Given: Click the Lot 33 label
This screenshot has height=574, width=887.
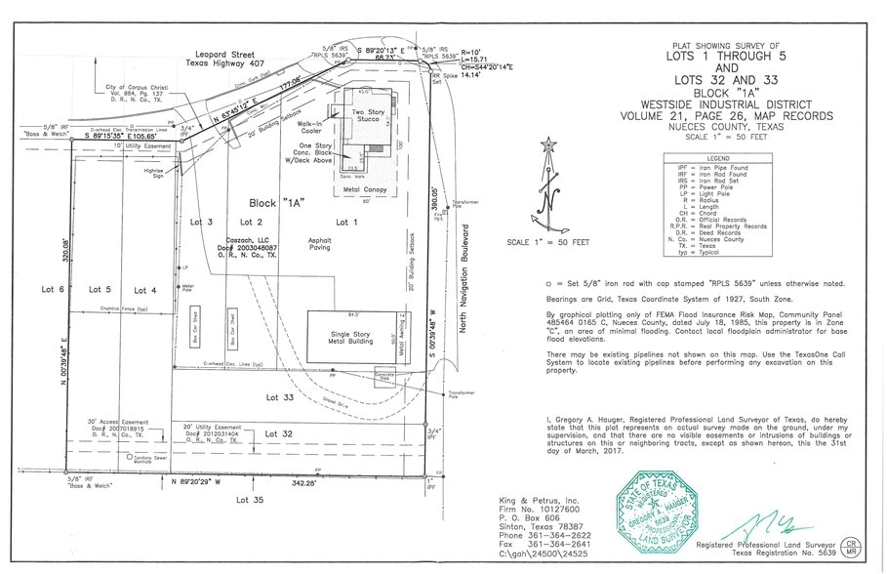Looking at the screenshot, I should click(280, 397).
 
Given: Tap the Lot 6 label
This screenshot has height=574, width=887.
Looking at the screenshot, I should click(55, 290).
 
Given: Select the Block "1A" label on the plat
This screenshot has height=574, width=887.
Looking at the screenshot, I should click(277, 203).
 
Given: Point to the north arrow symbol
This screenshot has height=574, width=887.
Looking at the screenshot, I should click(548, 185).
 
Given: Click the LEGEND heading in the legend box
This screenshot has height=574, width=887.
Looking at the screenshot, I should click(720, 158).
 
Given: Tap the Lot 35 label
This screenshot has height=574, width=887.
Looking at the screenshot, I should click(250, 500).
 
